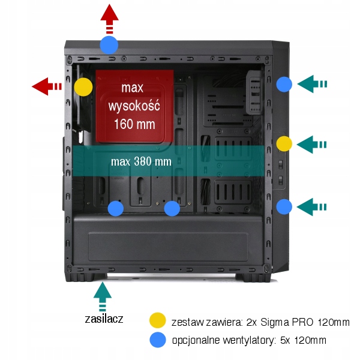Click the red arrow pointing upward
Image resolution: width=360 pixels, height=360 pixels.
point(109,18)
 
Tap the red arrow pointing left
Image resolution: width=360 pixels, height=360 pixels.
point(47,86)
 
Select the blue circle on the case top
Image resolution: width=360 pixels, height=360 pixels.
point(109,44)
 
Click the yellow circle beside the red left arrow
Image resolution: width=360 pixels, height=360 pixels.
point(83,87)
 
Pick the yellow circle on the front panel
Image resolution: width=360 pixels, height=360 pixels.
point(284,144)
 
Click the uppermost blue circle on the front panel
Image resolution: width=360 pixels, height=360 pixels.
point(284,85)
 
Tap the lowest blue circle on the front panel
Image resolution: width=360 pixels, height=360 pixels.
point(284,206)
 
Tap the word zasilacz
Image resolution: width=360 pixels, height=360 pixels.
point(104,319)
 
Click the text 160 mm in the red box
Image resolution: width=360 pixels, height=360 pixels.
point(134,125)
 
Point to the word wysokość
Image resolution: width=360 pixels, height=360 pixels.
point(133,107)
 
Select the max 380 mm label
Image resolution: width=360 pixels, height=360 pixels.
point(141,161)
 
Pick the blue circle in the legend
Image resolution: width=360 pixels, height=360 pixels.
point(158,340)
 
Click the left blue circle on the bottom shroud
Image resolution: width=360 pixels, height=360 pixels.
point(115,208)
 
